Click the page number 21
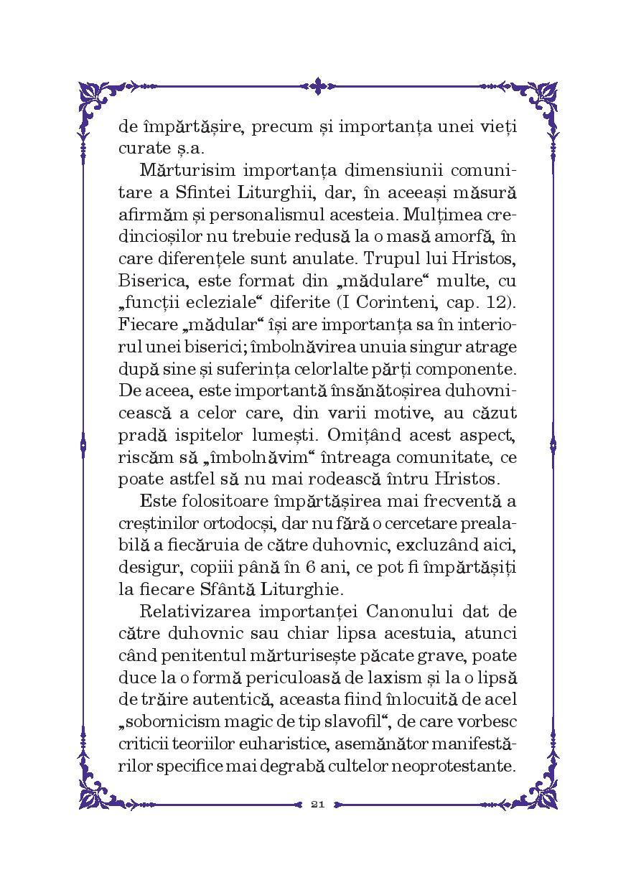[x=318, y=803]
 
